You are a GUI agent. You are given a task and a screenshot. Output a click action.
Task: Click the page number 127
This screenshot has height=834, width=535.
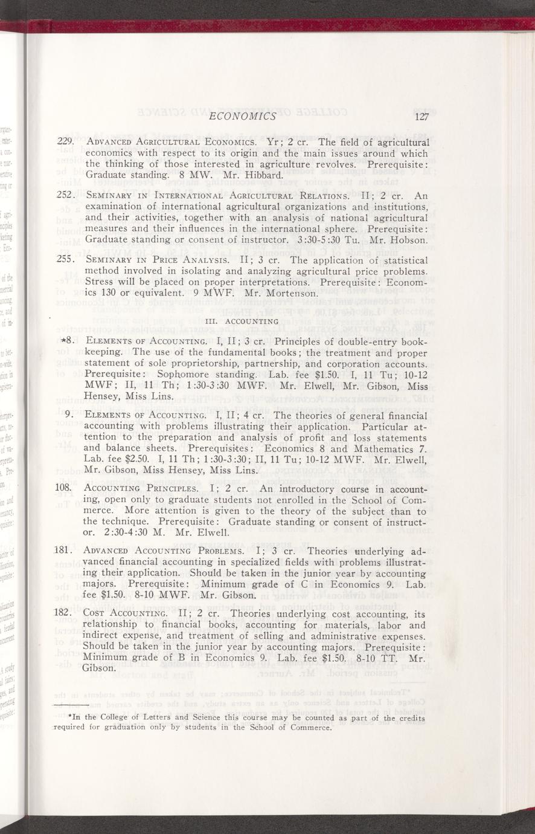pyautogui.click(x=421, y=117)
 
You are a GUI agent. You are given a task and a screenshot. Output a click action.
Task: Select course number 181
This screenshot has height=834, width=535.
pyautogui.click(x=64, y=551)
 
